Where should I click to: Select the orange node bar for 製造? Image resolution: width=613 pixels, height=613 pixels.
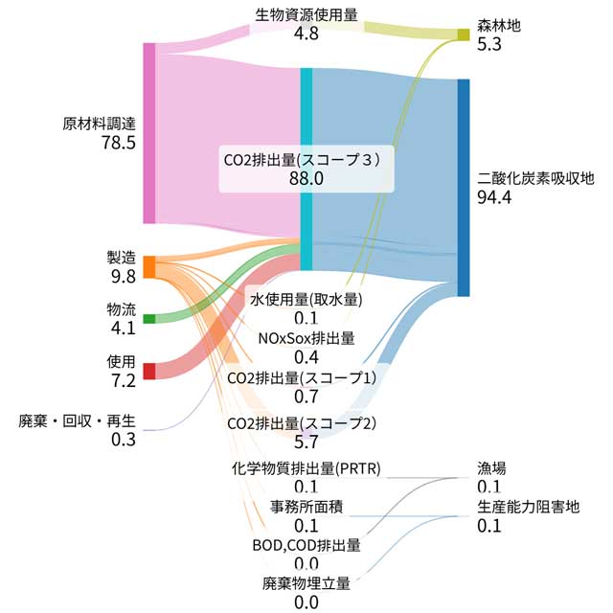click(x=148, y=266)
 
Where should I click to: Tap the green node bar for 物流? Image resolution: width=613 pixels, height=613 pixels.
click(x=148, y=318)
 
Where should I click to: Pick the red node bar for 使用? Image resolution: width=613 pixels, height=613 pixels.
click(x=148, y=371)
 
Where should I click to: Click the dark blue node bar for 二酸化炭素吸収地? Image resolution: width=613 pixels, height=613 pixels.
click(x=464, y=187)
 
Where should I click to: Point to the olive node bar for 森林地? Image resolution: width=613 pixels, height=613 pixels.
click(x=464, y=34)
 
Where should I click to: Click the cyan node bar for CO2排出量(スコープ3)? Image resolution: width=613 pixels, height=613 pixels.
click(x=306, y=169)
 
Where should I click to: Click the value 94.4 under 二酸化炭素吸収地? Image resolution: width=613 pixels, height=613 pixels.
click(x=495, y=198)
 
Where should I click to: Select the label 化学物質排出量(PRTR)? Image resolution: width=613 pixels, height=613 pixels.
click(x=306, y=469)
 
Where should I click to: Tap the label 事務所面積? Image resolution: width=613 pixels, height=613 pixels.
click(x=306, y=507)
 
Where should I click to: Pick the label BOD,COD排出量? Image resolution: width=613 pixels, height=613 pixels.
click(x=306, y=545)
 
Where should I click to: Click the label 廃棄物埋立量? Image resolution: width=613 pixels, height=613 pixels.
click(x=306, y=582)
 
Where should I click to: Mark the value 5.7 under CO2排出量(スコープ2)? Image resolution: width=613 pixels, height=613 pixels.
click(x=306, y=442)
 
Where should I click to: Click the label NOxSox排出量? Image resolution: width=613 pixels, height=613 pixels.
click(x=306, y=338)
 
